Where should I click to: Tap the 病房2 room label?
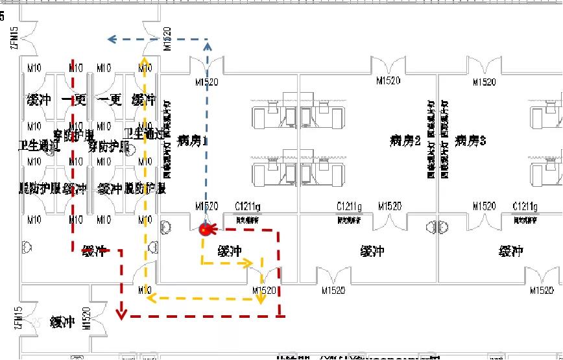405,140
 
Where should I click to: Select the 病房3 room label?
471,140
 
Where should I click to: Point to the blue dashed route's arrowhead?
112,40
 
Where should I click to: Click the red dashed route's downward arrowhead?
121,314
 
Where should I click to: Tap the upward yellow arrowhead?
144,62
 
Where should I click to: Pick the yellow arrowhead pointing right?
248,263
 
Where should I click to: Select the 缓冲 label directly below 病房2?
372,251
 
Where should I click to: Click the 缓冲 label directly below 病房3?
511,251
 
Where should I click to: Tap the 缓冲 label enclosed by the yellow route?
230,251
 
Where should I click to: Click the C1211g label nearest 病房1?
247,206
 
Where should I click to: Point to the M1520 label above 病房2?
389,81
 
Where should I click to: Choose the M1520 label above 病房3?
485,82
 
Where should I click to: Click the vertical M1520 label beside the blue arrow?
167,39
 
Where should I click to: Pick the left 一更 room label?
74,100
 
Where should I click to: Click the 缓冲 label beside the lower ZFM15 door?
62,322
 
